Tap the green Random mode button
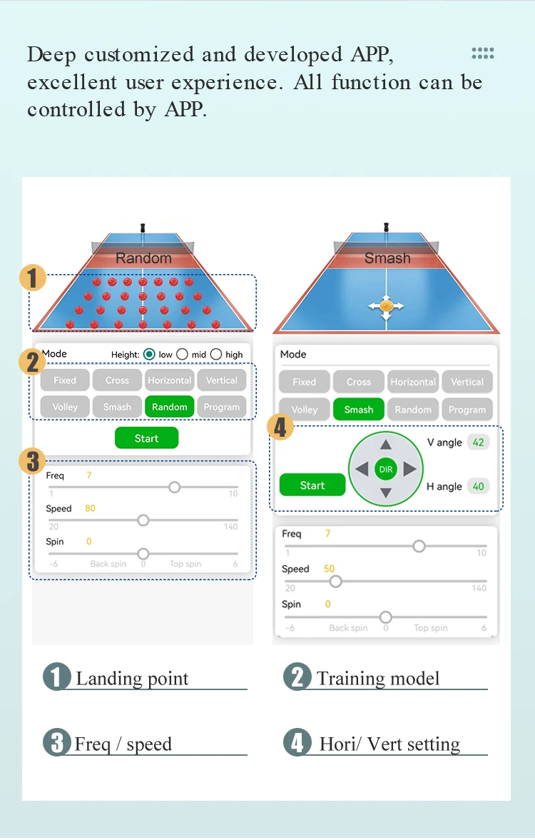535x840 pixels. point(169,407)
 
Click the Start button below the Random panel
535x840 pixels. point(146,438)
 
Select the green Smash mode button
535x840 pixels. point(358,409)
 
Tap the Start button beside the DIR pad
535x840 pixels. point(312,485)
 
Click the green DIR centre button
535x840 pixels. point(386,470)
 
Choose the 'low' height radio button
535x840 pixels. point(149,354)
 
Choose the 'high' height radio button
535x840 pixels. point(216,354)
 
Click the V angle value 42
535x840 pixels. point(478,442)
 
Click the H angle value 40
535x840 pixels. point(478,487)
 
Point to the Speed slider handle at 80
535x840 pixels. point(143,520)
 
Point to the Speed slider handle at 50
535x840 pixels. point(335,581)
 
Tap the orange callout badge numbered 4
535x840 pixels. point(280,427)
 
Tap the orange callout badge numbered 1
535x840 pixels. point(33,278)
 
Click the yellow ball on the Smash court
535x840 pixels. point(386,306)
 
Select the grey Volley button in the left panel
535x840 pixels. point(65,407)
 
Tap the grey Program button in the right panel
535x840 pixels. point(467,409)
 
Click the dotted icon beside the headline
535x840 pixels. point(482,53)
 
